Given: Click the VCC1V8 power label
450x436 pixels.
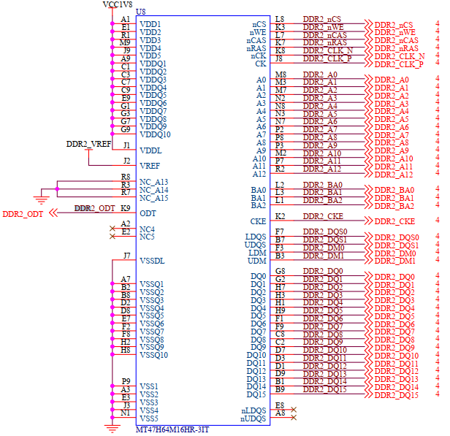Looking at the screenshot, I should (x=118, y=5).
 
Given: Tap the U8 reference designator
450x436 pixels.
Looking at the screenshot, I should (x=141, y=12).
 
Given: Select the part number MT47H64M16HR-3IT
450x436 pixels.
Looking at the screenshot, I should (x=172, y=429).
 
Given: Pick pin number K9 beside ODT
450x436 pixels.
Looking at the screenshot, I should (x=125, y=208).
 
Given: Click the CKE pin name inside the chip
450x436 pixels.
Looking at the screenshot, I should (x=258, y=221).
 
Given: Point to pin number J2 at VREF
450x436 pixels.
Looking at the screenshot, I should (x=126, y=161).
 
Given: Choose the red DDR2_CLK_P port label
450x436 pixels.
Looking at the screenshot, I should (x=398, y=64).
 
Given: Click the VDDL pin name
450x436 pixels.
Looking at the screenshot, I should (x=150, y=150).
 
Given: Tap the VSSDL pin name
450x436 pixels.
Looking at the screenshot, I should (x=152, y=261).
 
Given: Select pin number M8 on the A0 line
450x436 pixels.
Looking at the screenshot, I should (x=280, y=75).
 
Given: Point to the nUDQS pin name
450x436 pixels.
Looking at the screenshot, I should (x=253, y=418).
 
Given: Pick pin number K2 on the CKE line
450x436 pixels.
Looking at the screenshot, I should (x=280, y=216).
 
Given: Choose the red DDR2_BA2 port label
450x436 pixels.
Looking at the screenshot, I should (x=394, y=206).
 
